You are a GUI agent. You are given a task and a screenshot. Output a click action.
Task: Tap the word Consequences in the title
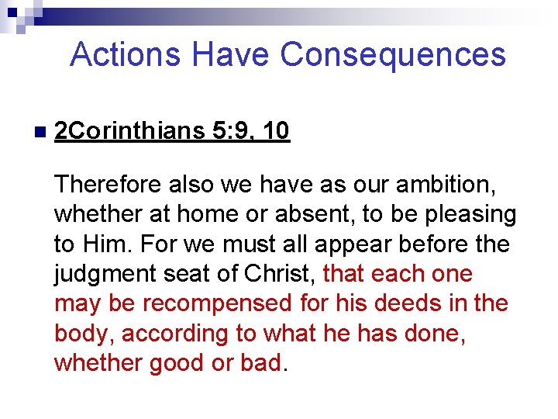[x=393, y=55]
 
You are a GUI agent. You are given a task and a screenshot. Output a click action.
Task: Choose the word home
[x=197, y=214]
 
